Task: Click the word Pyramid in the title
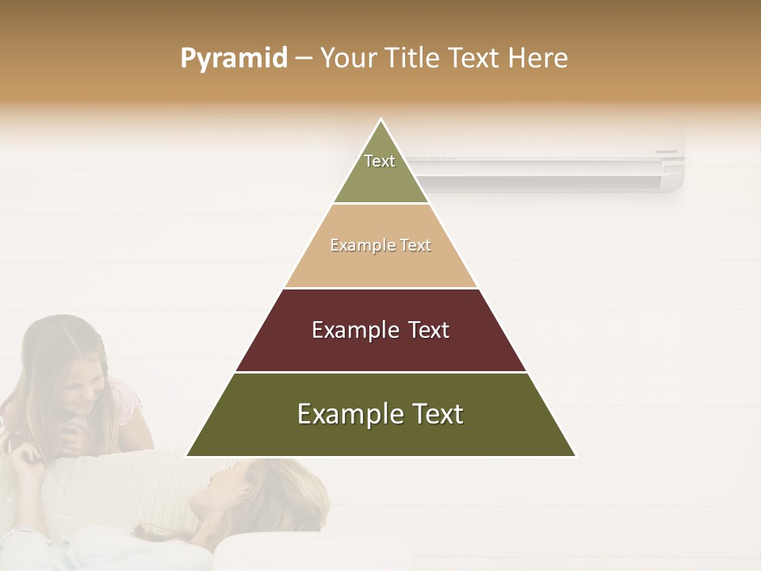point(233,59)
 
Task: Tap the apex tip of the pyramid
point(381,121)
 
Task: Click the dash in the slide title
point(304,59)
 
